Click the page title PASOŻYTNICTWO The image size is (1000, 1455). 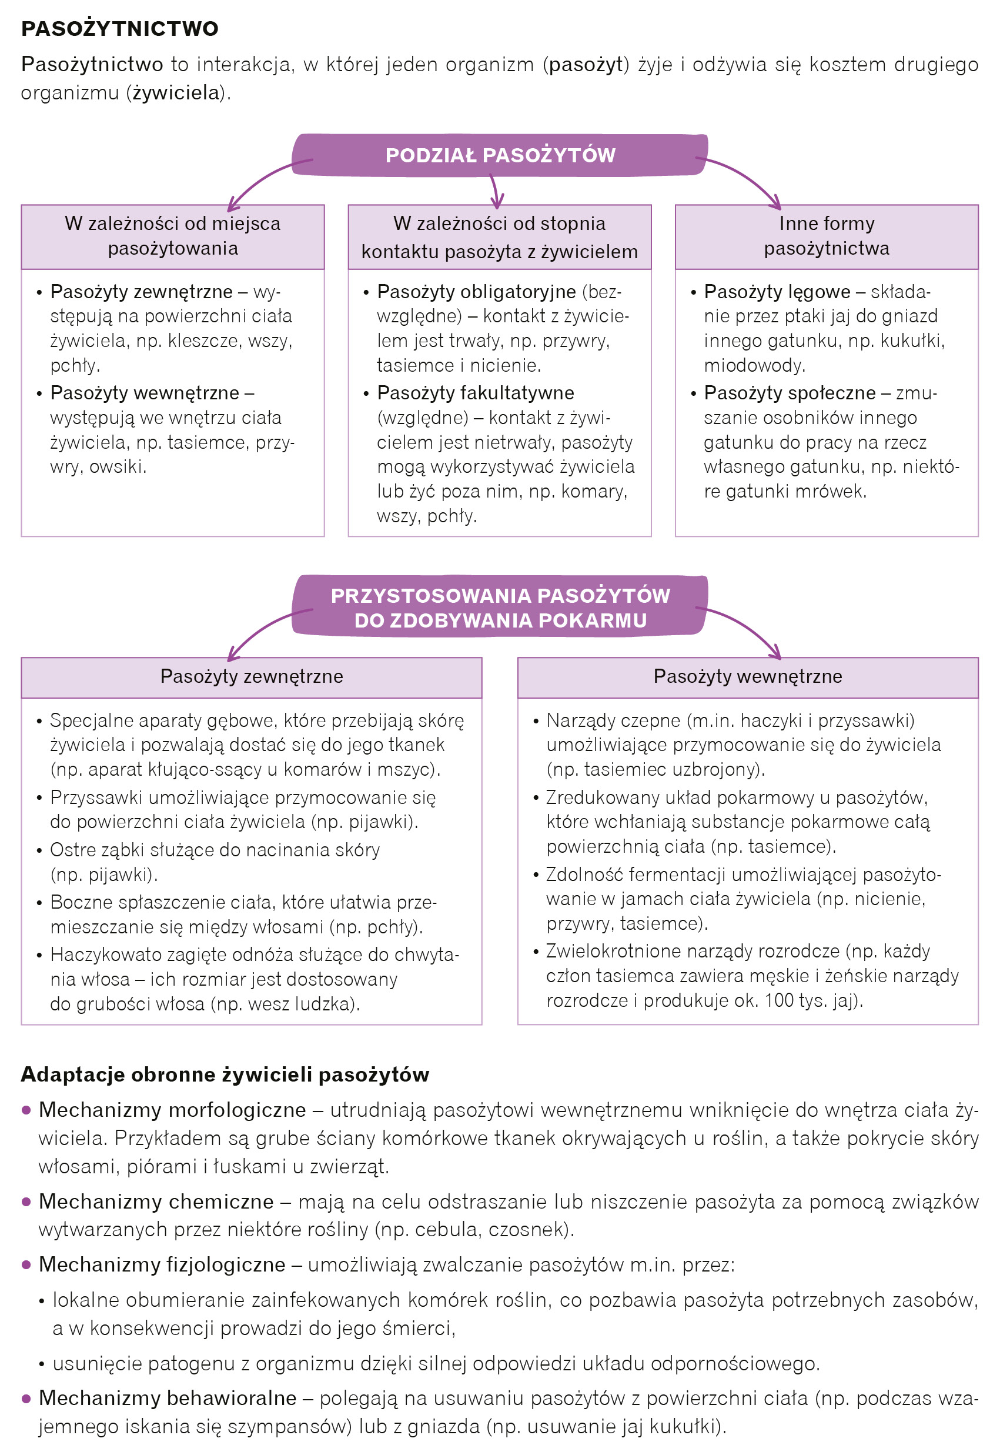pos(120,29)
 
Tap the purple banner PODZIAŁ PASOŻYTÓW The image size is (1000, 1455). pos(500,155)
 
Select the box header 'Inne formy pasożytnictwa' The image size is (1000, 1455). pos(826,236)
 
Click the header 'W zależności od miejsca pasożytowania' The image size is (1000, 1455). pos(172,236)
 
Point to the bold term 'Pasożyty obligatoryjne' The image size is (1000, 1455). pos(476,292)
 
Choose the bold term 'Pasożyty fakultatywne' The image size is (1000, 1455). pos(475,393)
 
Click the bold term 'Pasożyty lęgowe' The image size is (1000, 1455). pos(777,292)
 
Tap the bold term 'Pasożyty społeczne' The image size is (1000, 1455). pos(790,393)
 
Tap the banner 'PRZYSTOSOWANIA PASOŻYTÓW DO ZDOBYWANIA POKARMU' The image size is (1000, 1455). pos(500,607)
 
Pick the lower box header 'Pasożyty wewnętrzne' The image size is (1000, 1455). pos(747,676)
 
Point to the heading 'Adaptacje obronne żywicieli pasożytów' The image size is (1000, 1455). pos(225,1074)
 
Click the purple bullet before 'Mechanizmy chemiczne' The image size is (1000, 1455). pos(26,1201)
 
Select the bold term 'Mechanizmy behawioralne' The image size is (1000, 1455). pos(168,1397)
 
